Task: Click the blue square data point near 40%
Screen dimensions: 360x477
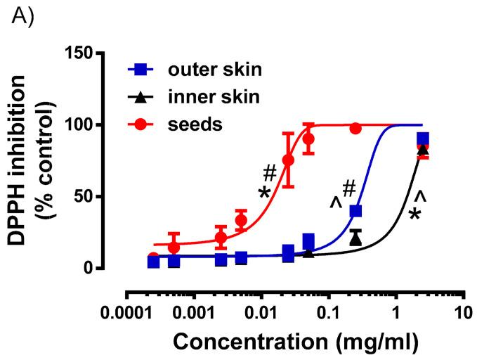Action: (x=355, y=211)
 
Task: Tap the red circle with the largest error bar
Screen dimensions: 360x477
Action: (x=288, y=160)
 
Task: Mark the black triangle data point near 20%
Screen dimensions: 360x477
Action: (x=355, y=238)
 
